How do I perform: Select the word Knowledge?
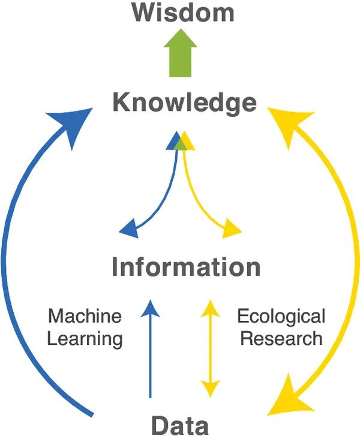click(184, 103)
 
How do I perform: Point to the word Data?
click(179, 425)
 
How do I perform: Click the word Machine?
click(85, 315)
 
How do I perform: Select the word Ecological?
click(281, 315)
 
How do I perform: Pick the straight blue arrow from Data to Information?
click(150, 354)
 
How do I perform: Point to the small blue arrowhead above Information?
click(130, 228)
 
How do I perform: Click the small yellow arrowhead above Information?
click(231, 228)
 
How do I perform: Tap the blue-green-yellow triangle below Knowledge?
click(180, 141)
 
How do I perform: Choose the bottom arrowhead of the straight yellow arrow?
click(209, 389)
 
